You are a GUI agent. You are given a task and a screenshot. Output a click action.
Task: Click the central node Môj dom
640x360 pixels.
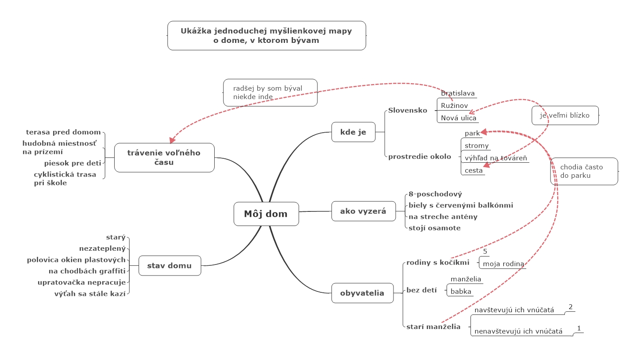pyautogui.click(x=266, y=214)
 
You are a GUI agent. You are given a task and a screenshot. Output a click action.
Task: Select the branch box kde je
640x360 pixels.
pyautogui.click(x=353, y=132)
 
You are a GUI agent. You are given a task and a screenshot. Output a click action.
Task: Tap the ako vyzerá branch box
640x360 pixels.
pyautogui.click(x=363, y=211)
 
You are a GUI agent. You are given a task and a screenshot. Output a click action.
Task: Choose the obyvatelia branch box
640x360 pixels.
pyautogui.click(x=362, y=293)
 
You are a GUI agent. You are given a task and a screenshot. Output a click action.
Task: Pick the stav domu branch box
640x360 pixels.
pyautogui.click(x=170, y=265)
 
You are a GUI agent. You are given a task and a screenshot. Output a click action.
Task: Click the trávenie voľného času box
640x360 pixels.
pyautogui.click(x=164, y=157)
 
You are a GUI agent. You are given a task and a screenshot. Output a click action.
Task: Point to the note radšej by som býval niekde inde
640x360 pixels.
pyautogui.click(x=270, y=92)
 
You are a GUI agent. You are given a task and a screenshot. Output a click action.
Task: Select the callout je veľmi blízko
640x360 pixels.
pyautogui.click(x=565, y=115)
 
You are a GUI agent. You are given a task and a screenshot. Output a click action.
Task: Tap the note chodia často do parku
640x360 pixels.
pyautogui.click(x=584, y=171)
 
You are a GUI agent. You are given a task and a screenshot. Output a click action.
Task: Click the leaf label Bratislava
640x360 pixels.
pyautogui.click(x=458, y=93)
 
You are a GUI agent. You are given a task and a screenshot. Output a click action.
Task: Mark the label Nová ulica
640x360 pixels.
pyautogui.click(x=458, y=118)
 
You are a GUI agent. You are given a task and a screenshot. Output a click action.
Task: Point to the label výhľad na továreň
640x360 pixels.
pyautogui.click(x=496, y=158)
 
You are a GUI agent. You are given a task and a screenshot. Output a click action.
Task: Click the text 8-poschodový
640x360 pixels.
pyautogui.click(x=435, y=194)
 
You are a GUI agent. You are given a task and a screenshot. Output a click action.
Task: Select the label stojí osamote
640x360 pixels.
pyautogui.click(x=434, y=228)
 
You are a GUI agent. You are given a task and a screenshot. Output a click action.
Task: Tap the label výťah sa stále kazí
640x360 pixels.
pyautogui.click(x=90, y=294)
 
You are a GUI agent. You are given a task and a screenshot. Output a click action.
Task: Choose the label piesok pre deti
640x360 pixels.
pyautogui.click(x=73, y=163)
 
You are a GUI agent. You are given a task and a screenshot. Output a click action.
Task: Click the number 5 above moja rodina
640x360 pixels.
pyautogui.click(x=485, y=251)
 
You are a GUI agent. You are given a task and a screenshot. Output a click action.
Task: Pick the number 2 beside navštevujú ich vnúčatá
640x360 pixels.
pyautogui.click(x=571, y=307)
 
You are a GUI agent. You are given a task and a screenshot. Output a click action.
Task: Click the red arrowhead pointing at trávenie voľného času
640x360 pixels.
pyautogui.click(x=172, y=140)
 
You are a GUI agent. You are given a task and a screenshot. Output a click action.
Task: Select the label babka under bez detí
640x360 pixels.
pyautogui.click(x=461, y=291)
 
